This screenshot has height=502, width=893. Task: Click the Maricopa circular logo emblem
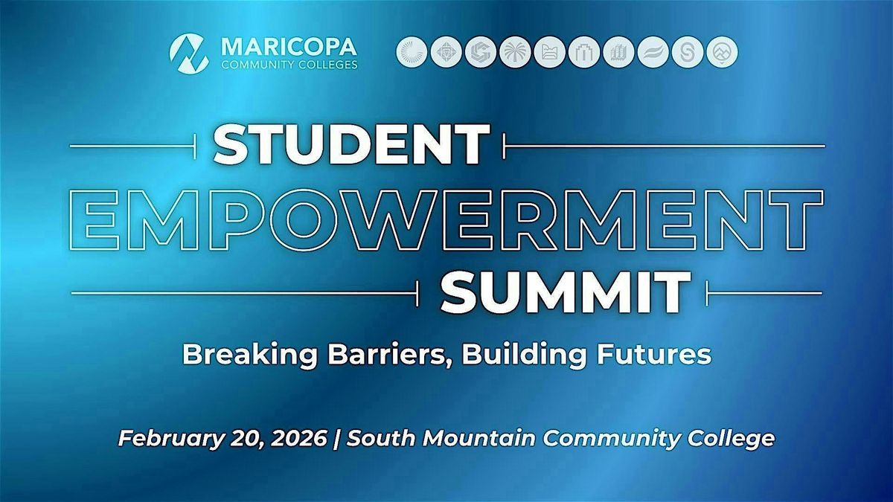189,52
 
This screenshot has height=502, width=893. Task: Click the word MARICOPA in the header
289,46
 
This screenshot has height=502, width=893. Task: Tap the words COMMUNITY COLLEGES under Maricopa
289,64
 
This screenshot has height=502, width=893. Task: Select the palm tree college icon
514,53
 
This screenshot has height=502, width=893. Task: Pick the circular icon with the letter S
687,53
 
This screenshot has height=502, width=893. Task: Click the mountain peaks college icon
722,53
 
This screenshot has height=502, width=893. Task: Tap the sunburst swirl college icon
411,53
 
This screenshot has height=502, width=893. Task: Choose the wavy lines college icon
653,53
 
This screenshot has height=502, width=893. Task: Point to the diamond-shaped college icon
445,53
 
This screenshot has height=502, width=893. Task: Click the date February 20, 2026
221,438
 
